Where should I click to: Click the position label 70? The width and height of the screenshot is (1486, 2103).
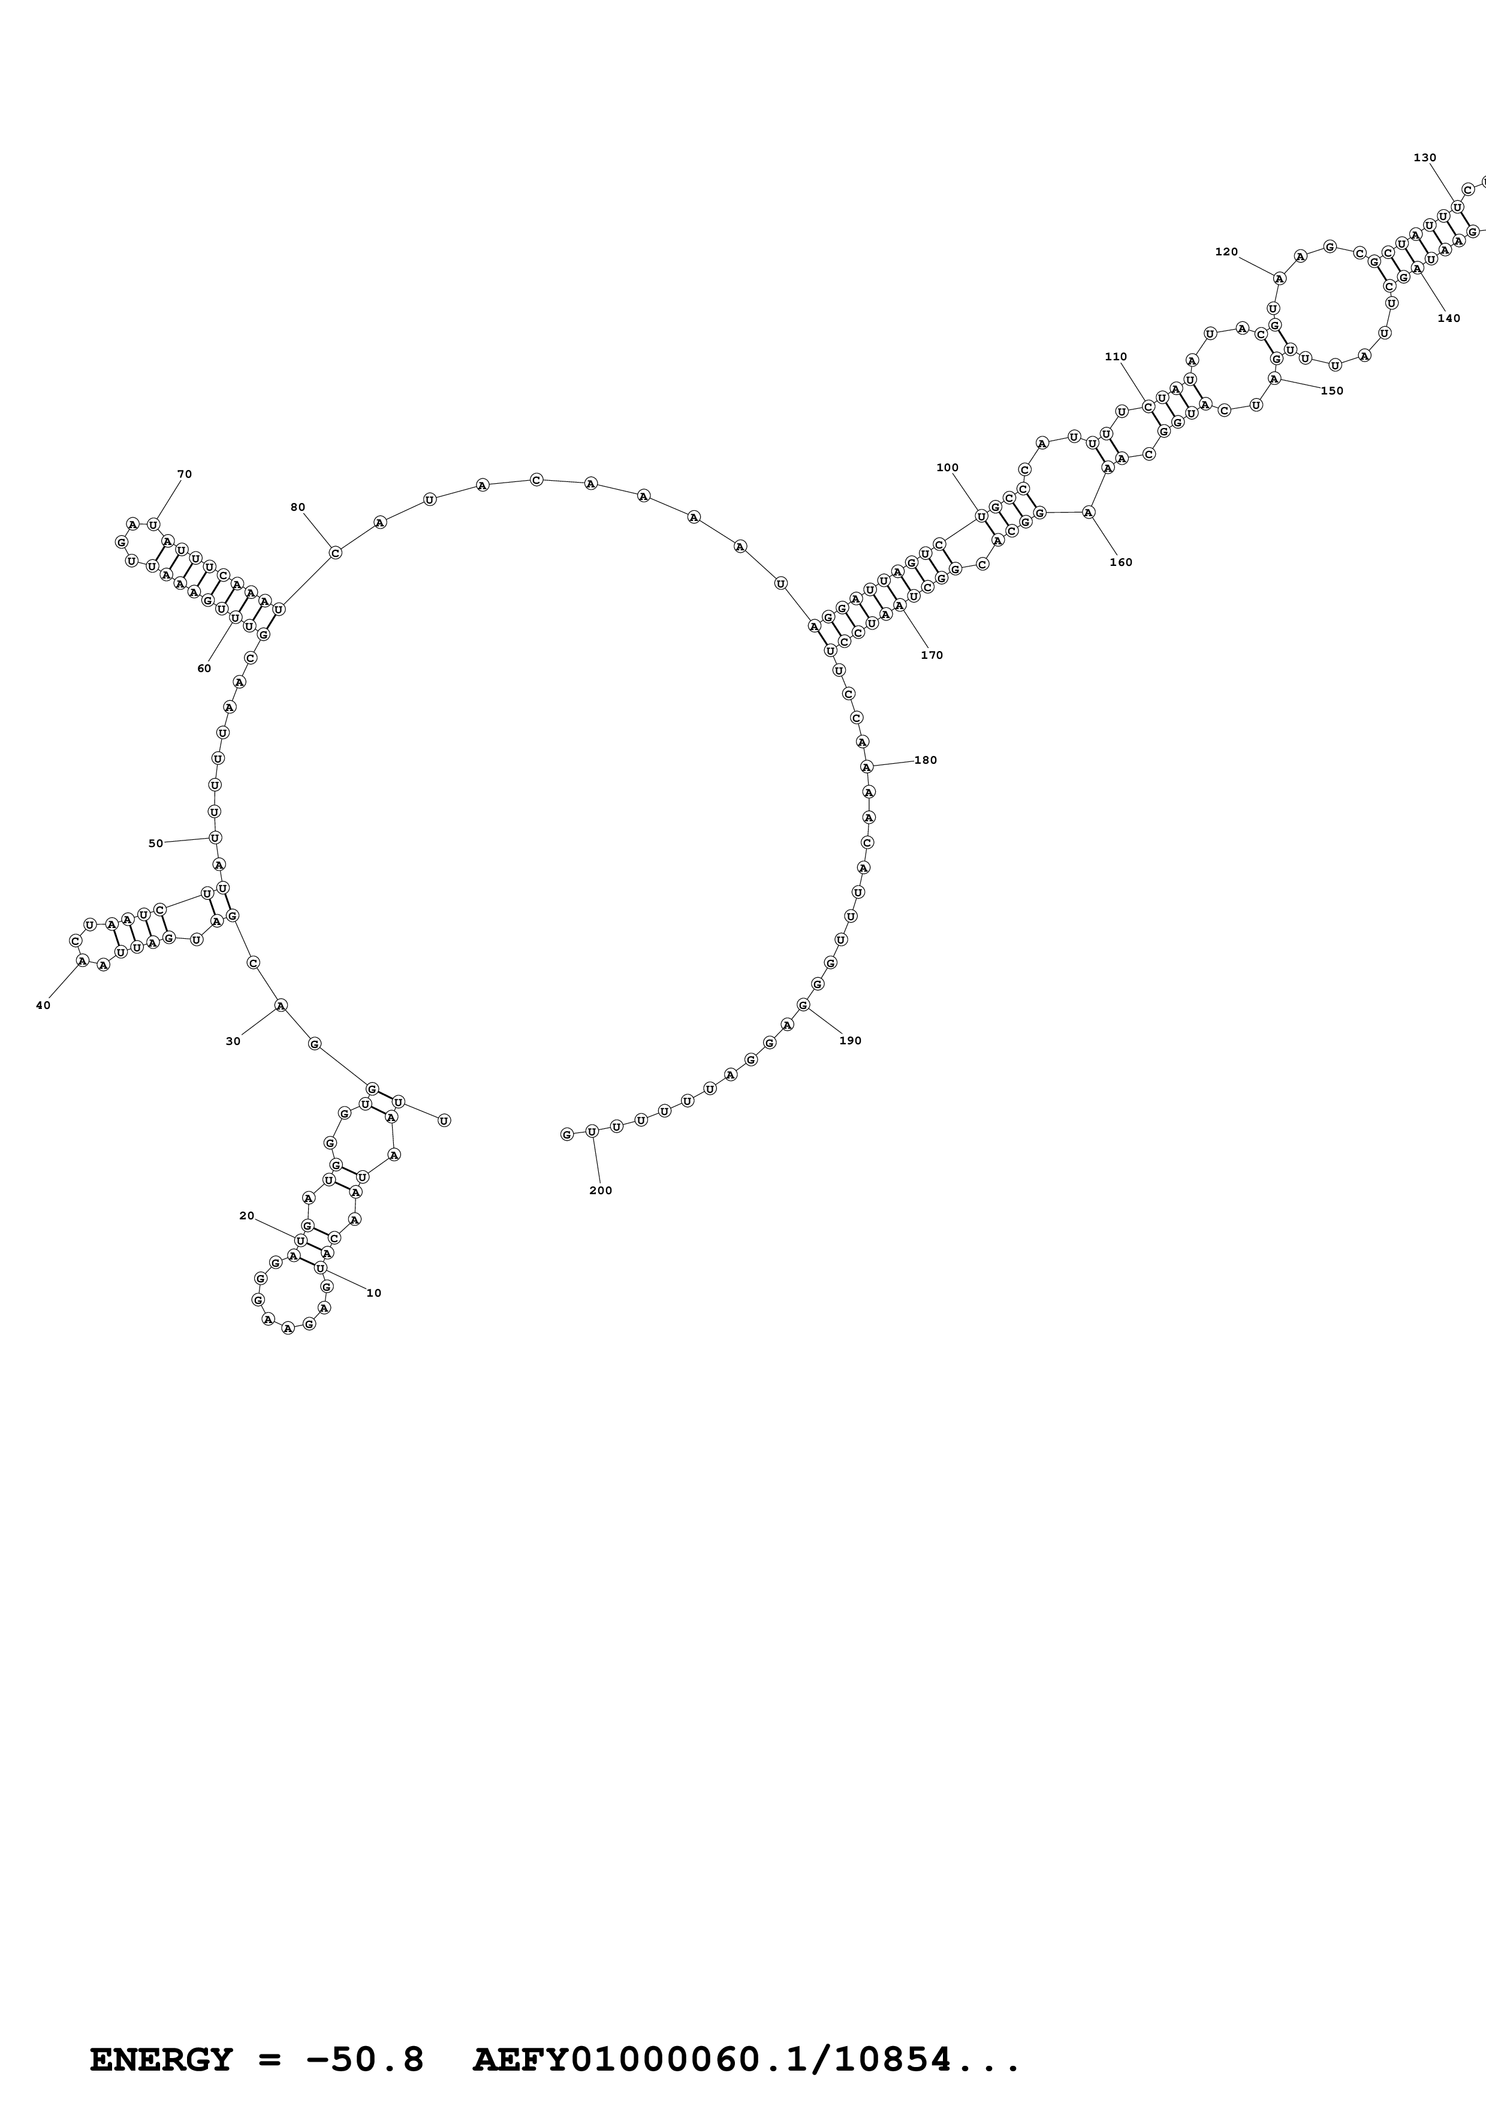tap(184, 474)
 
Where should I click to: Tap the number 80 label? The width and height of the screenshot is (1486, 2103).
tap(297, 507)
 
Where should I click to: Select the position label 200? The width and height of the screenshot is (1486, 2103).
tap(601, 1191)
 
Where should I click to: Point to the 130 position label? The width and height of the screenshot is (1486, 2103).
tap(1425, 158)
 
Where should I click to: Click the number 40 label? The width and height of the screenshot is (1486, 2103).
tap(43, 1006)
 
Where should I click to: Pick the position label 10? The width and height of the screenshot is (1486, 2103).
tap(373, 1293)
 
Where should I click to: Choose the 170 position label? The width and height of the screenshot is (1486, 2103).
tap(932, 655)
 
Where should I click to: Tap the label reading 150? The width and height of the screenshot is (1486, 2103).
tap(1332, 391)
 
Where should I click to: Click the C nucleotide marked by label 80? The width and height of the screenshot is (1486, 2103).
tap(335, 552)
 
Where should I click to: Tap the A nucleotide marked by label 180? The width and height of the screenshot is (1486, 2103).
tap(865, 767)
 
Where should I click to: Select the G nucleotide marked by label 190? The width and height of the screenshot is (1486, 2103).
tap(803, 1005)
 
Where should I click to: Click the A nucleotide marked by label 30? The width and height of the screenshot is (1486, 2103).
tap(281, 1006)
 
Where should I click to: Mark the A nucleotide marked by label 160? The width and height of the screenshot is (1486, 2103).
tap(1088, 512)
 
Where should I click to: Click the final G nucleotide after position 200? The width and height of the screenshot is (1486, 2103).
tap(566, 1135)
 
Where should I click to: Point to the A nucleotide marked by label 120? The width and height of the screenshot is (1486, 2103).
tap(1279, 278)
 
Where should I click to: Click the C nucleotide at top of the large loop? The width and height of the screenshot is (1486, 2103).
tap(536, 480)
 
